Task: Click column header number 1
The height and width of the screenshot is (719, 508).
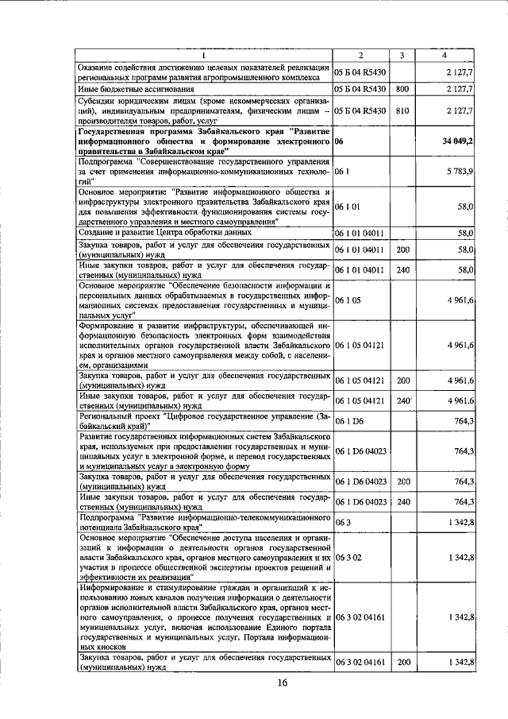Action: [x=203, y=55]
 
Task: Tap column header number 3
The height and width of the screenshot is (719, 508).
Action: [x=402, y=55]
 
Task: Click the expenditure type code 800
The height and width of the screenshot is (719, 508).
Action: [x=402, y=89]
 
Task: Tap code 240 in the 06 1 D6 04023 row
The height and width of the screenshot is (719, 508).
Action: [x=402, y=501]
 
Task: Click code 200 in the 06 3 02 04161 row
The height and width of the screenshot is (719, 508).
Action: [x=402, y=662]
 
